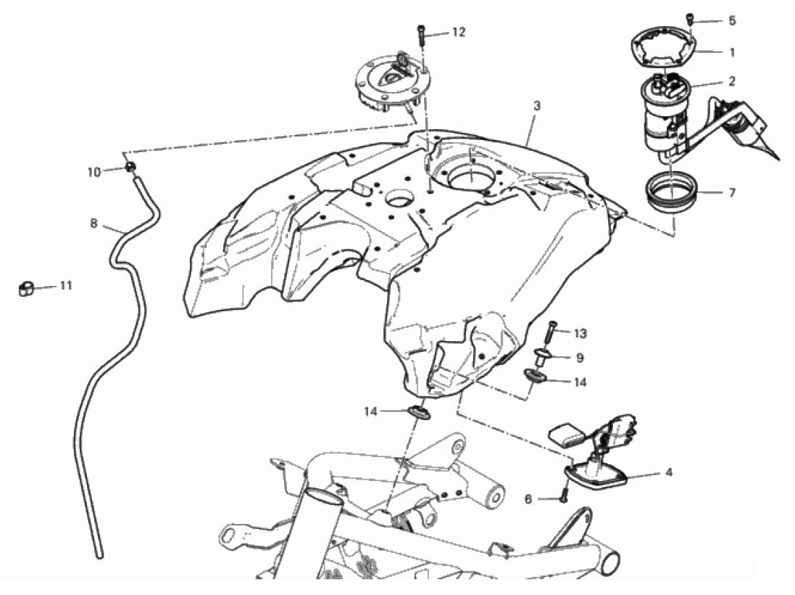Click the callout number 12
(x=458, y=33)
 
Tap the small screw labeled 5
(x=690, y=20)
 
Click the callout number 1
(x=732, y=52)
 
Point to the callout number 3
(x=537, y=106)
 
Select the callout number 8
(x=93, y=223)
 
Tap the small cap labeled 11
(x=25, y=288)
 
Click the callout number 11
(x=67, y=286)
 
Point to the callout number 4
(x=669, y=472)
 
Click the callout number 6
(x=528, y=499)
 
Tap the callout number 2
(x=732, y=81)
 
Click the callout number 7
(x=732, y=193)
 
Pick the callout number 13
(x=580, y=334)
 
